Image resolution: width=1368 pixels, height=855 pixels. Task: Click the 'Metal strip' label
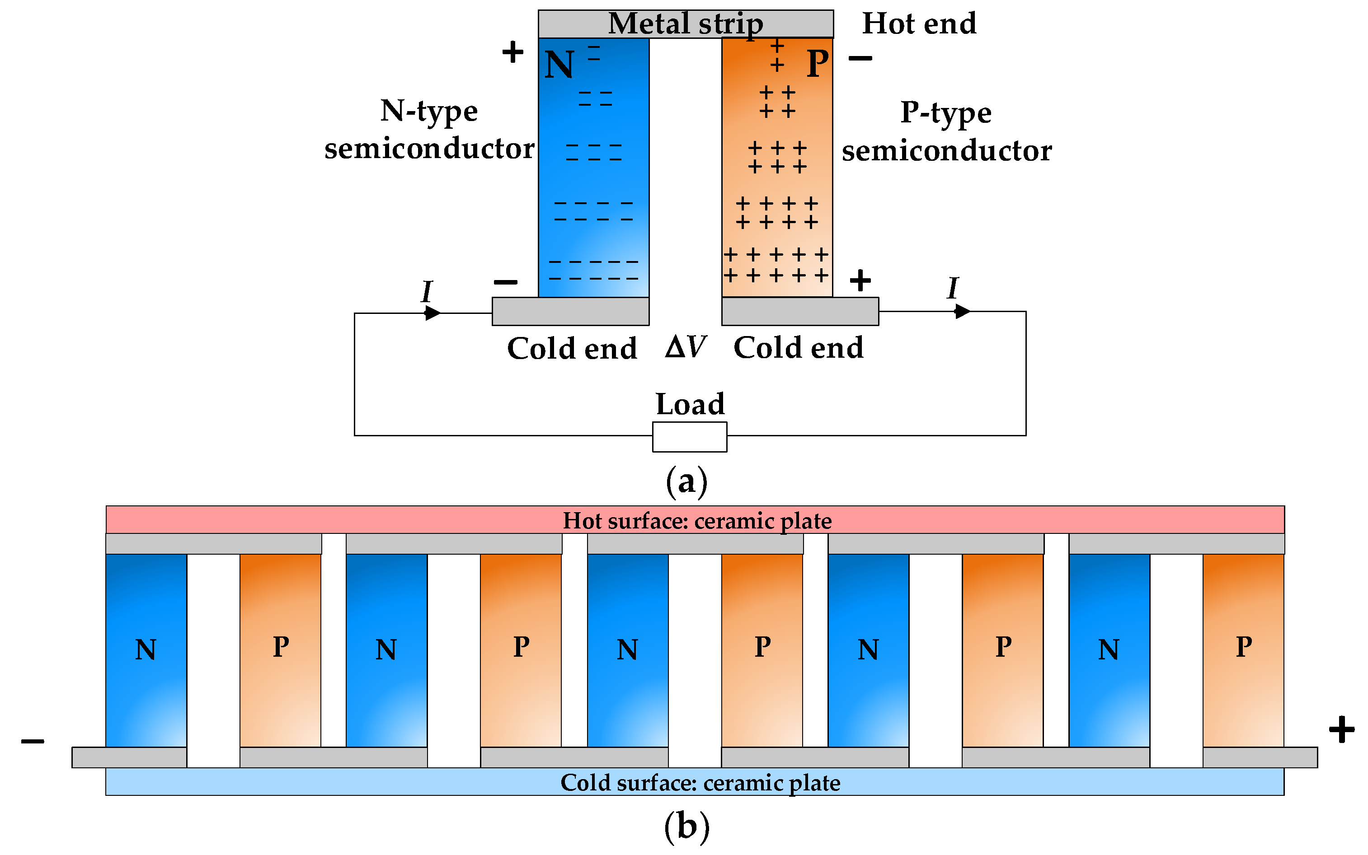point(685,24)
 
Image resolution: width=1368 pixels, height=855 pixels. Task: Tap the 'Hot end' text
point(919,24)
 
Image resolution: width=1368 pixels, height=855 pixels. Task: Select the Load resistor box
point(689,437)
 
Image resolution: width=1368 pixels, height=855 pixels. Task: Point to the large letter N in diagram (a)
point(559,65)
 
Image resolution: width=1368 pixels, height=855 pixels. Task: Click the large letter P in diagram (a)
point(818,63)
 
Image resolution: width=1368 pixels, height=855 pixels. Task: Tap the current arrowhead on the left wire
point(432,313)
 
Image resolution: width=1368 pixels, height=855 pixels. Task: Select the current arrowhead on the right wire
point(962,311)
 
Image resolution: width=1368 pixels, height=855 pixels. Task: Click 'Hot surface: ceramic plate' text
point(697,521)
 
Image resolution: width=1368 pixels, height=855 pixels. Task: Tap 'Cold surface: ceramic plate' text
point(700,783)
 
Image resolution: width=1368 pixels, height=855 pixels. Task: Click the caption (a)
point(686,481)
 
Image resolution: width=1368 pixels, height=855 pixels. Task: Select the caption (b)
point(686,826)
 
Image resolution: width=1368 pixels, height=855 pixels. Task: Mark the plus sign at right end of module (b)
point(1341,729)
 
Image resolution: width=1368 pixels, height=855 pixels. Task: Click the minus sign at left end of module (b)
point(33,741)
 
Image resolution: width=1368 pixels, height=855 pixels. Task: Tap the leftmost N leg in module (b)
point(146,650)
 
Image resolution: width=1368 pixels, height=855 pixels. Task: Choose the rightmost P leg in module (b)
point(1243,650)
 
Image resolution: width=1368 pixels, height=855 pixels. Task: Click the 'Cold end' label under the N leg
point(571,348)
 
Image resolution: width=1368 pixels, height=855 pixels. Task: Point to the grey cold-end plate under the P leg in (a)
point(799,312)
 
